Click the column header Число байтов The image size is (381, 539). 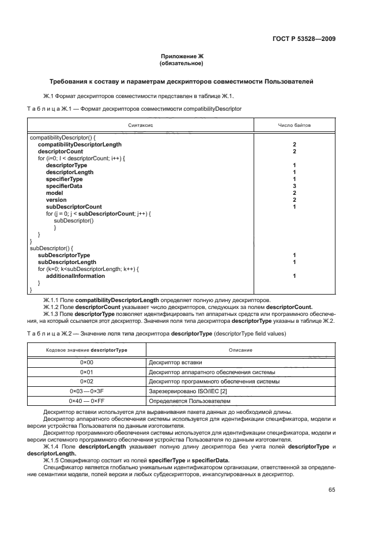[x=295, y=125]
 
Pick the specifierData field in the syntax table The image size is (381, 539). [x=64, y=186]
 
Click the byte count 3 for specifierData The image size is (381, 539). [x=295, y=186]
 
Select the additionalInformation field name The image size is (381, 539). [x=76, y=276]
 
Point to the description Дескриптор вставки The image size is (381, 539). [x=173, y=363]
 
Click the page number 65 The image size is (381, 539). [x=331, y=490]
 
